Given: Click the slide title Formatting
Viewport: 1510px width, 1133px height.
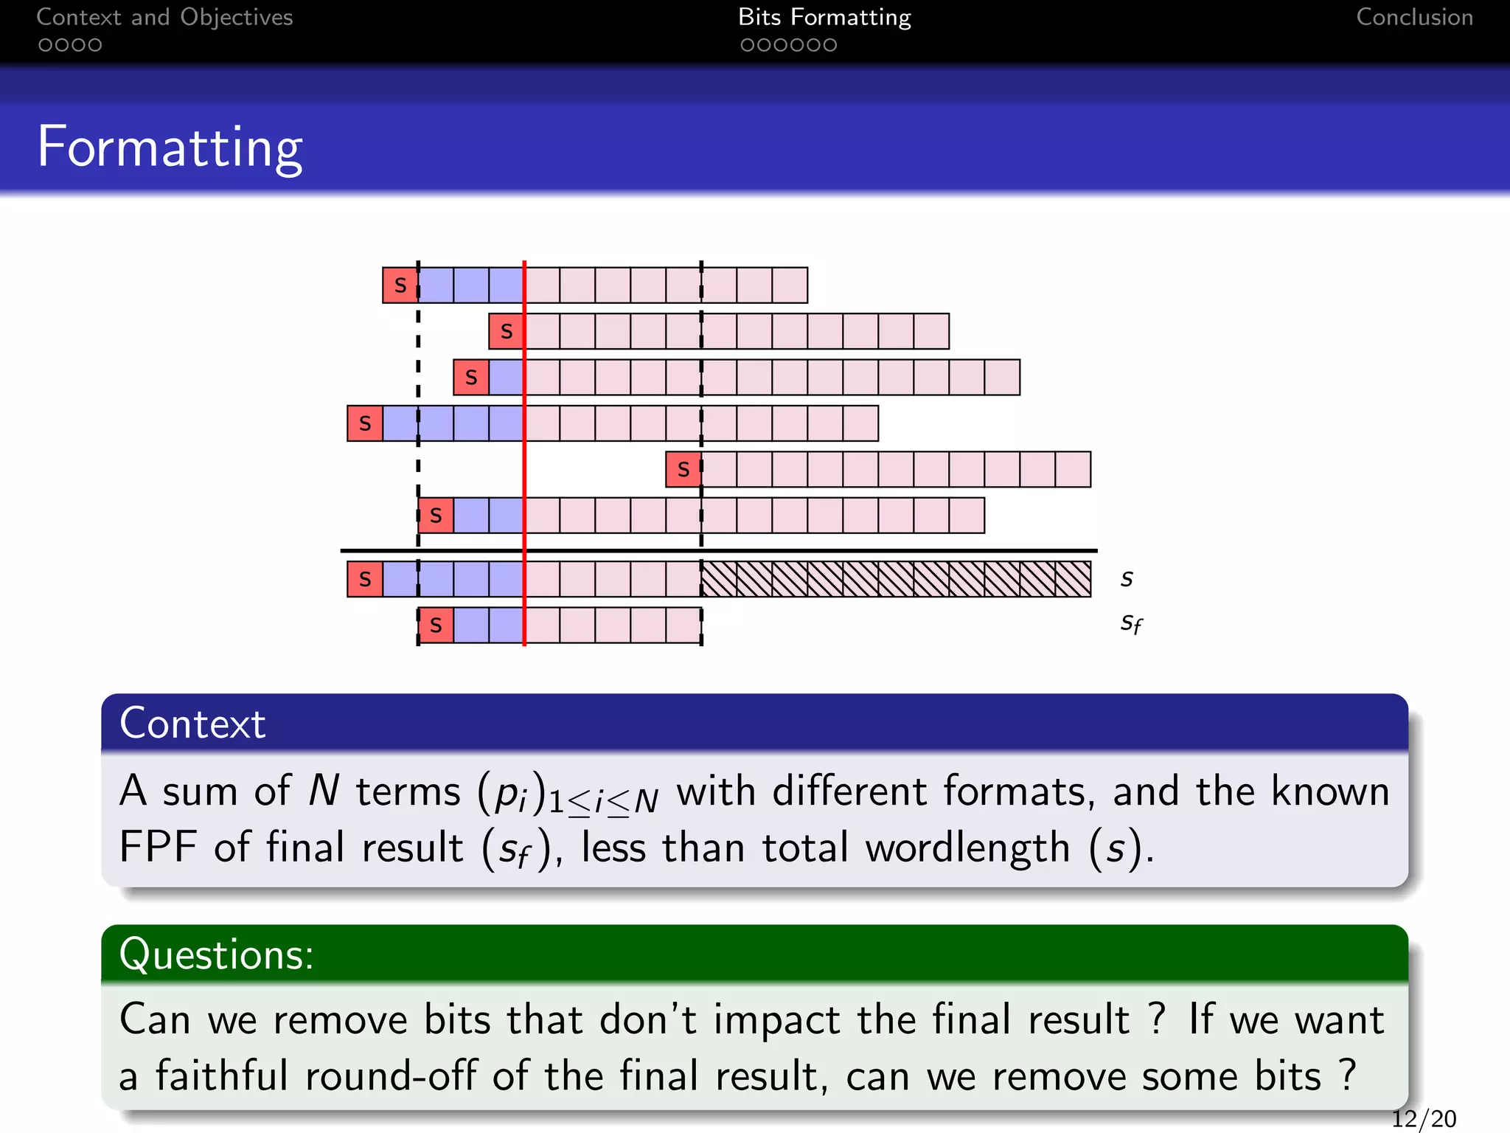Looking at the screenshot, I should click(x=170, y=148).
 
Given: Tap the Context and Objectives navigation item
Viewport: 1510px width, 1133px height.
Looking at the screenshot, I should click(x=164, y=18).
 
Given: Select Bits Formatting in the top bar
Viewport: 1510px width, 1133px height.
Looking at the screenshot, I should click(x=824, y=18).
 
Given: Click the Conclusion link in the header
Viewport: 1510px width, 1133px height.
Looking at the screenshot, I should click(x=1414, y=18).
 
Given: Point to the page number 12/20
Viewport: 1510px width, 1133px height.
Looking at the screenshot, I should click(x=1423, y=1119).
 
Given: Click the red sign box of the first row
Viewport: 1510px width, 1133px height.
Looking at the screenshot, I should click(x=400, y=285).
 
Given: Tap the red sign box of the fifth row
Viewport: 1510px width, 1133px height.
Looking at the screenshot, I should click(x=683, y=469).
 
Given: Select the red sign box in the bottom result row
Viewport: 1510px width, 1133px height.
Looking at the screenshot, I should click(x=436, y=626).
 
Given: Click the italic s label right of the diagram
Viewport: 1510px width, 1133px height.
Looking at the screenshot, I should click(x=1127, y=580).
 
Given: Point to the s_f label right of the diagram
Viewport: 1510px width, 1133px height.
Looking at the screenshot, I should click(x=1131, y=624).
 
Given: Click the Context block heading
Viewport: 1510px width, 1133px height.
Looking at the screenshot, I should click(x=192, y=723).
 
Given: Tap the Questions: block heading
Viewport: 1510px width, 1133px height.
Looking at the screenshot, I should click(x=216, y=954).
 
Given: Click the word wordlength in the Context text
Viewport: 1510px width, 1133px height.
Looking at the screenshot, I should click(x=967, y=848).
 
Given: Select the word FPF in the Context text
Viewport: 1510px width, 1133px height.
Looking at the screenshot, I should click(x=158, y=847).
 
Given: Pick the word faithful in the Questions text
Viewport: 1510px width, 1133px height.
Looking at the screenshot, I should click(x=221, y=1075).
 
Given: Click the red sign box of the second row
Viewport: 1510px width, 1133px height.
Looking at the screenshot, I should click(x=507, y=331).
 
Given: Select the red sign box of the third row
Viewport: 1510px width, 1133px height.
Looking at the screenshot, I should click(x=471, y=378).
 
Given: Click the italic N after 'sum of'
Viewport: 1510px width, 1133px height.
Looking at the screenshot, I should click(x=324, y=791).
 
